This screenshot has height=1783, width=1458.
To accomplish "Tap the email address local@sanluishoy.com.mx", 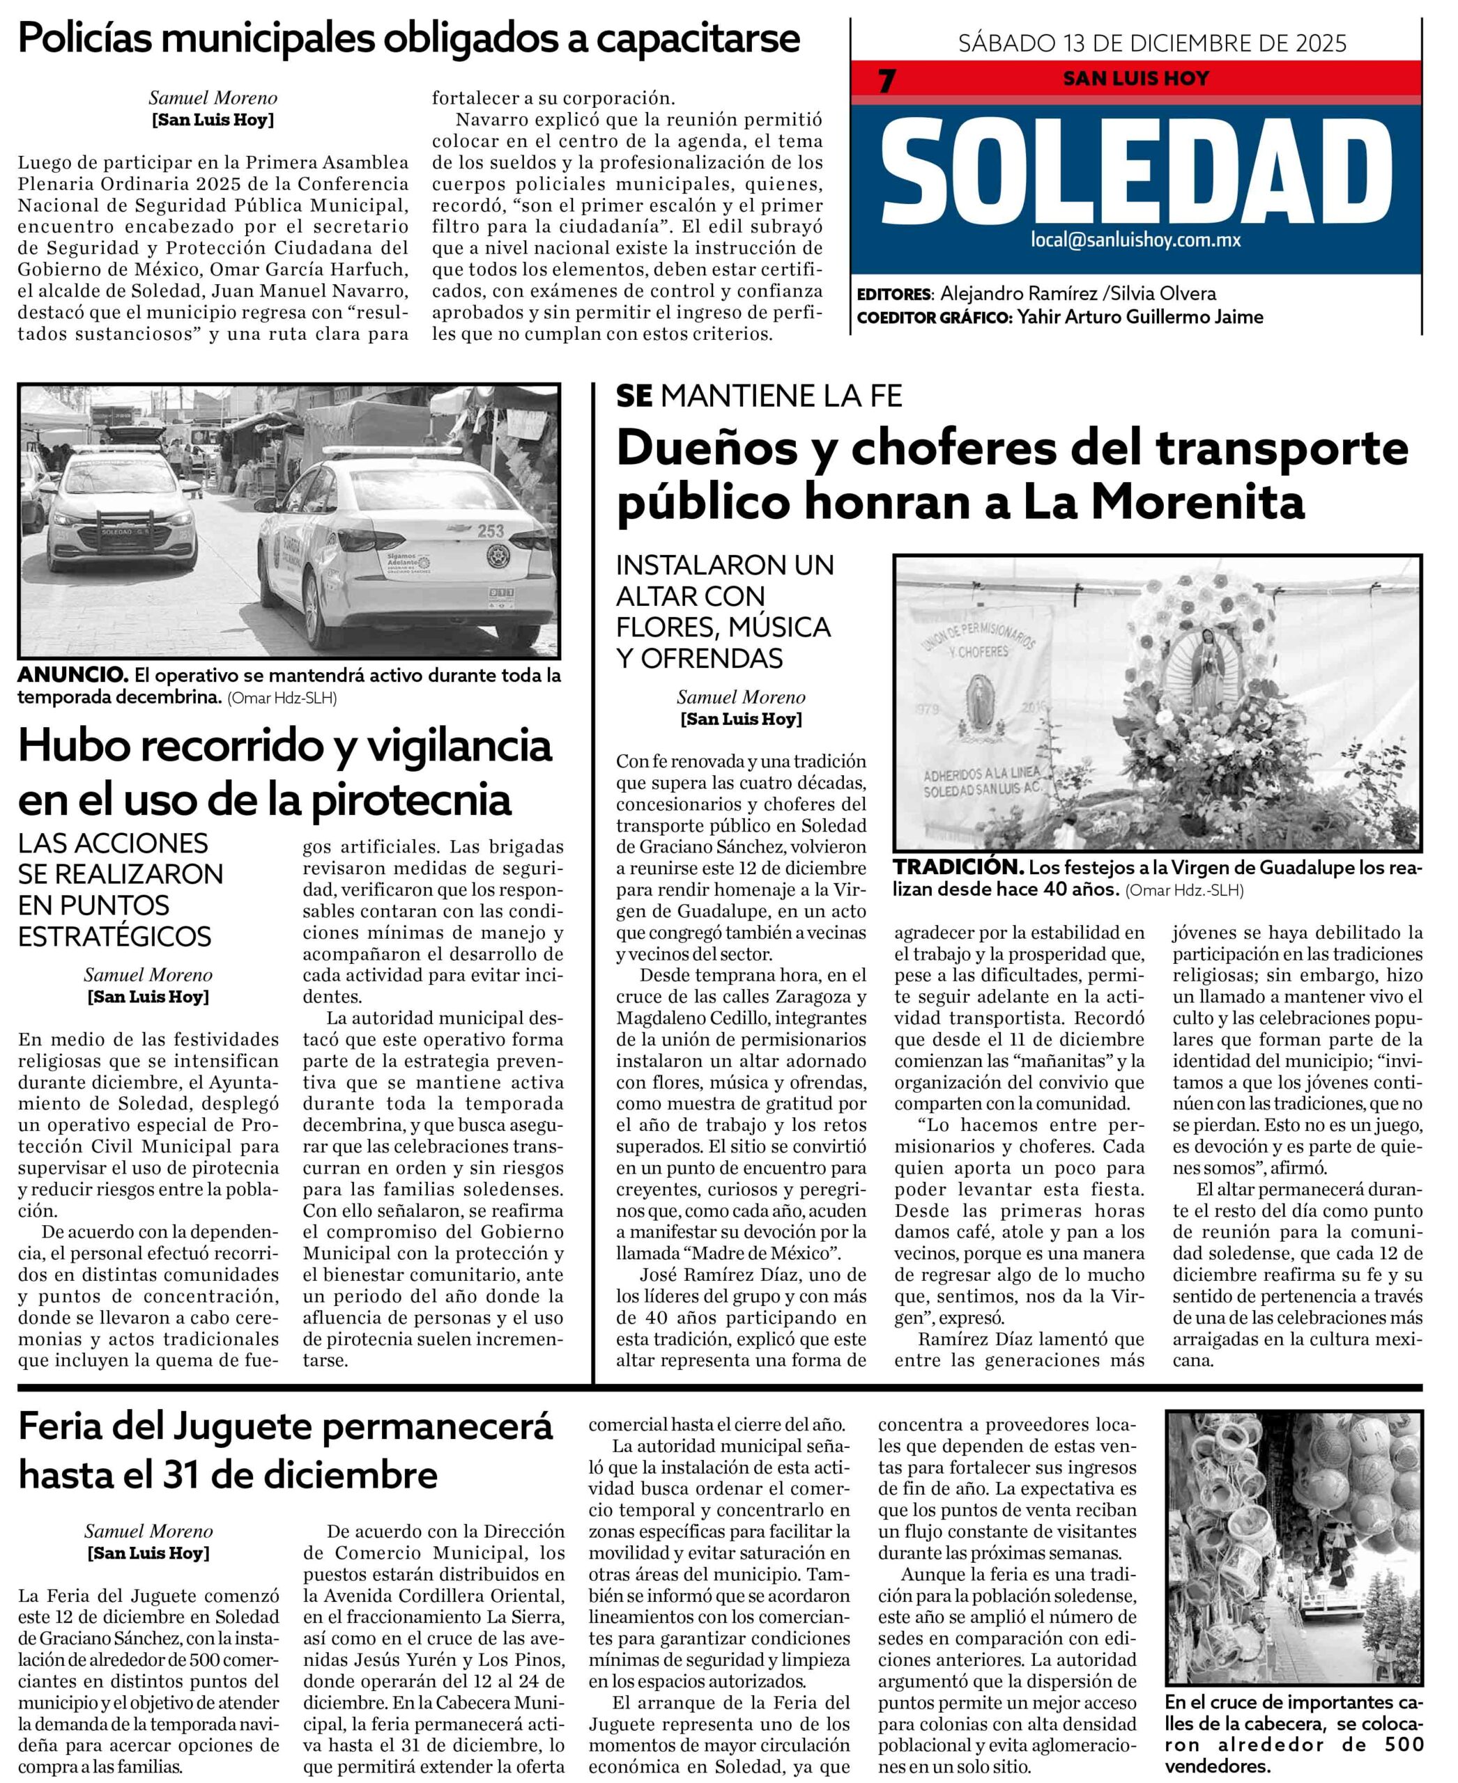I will (x=1135, y=240).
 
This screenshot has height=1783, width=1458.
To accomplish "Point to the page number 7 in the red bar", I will (x=887, y=81).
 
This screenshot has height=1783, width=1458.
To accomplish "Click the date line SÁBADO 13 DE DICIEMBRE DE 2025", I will (x=1152, y=42).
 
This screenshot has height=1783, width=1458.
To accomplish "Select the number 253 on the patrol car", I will (x=491, y=531).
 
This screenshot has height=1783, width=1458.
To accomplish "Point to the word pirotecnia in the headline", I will (x=410, y=798).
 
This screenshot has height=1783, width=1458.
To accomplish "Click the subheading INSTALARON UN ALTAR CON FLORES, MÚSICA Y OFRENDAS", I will (x=724, y=611).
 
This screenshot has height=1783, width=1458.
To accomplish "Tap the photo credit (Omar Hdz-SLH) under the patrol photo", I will (x=282, y=698).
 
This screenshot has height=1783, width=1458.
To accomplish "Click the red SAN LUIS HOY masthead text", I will (x=1135, y=79).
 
